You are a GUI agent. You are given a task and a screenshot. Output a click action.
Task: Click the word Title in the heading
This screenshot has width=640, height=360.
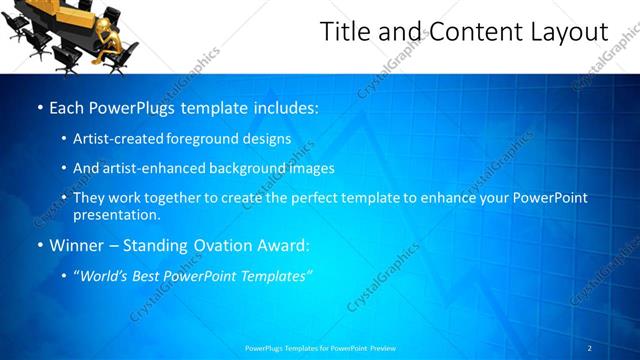[x=342, y=33]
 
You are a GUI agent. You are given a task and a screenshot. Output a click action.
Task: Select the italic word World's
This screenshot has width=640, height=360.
[x=104, y=275]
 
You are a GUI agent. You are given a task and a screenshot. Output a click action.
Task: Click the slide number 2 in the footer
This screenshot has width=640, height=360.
[x=590, y=348]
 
